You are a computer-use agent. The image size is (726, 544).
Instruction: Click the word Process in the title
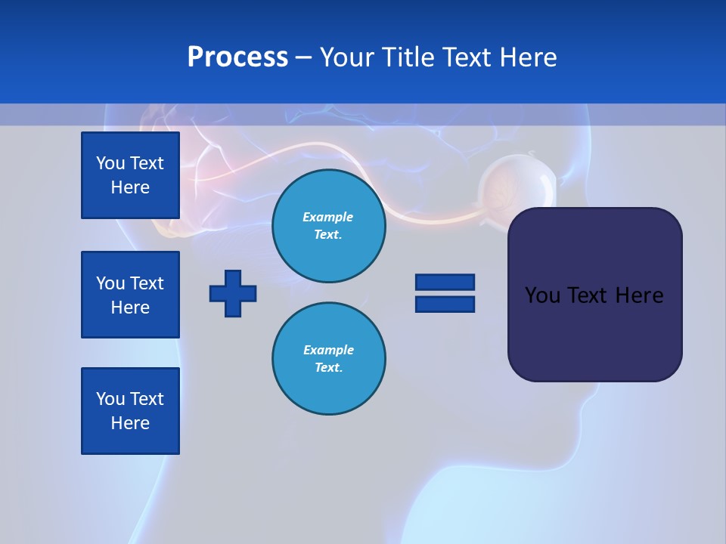(x=237, y=57)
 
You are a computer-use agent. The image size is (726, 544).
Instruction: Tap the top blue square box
(x=130, y=175)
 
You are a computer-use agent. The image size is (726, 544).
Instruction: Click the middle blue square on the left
(x=130, y=295)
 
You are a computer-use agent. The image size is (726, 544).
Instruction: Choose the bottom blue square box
(x=130, y=411)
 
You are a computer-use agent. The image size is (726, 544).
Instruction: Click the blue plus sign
(x=233, y=293)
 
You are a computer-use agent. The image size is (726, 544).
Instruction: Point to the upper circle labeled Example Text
(x=329, y=226)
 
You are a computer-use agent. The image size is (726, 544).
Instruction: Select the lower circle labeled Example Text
(x=329, y=359)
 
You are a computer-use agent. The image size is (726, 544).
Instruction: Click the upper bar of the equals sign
(x=445, y=282)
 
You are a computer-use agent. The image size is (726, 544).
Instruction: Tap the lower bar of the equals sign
(x=445, y=304)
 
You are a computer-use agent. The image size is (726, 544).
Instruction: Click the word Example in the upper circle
(x=327, y=217)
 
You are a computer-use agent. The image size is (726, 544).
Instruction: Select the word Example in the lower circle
(x=328, y=350)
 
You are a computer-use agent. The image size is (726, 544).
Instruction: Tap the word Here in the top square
(x=130, y=187)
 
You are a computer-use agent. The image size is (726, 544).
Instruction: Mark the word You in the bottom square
(x=110, y=399)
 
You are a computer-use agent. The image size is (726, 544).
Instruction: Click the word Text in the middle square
(x=147, y=283)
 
